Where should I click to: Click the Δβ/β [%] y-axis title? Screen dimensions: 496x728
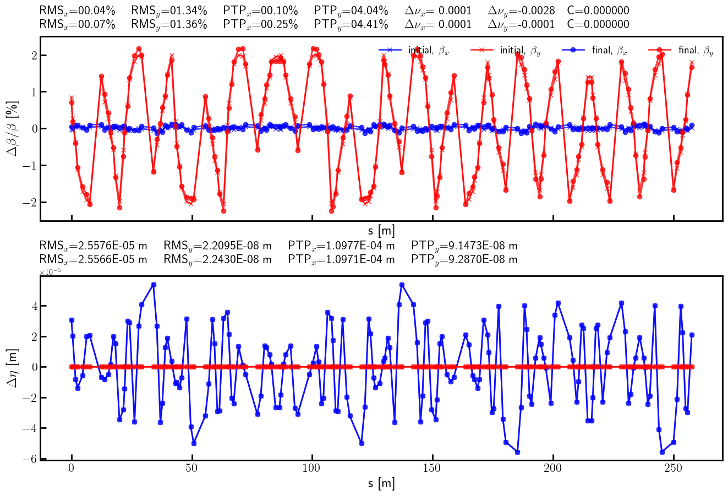(12, 129)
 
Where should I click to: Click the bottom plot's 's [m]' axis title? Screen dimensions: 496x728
(381, 484)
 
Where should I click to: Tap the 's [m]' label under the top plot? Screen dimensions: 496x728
(381, 231)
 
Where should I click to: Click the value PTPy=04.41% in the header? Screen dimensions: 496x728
(351, 25)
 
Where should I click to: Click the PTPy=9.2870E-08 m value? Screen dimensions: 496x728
(464, 259)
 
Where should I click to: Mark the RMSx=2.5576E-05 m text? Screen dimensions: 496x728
(94, 246)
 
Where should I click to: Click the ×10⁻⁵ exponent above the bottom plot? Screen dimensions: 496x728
(48, 272)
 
